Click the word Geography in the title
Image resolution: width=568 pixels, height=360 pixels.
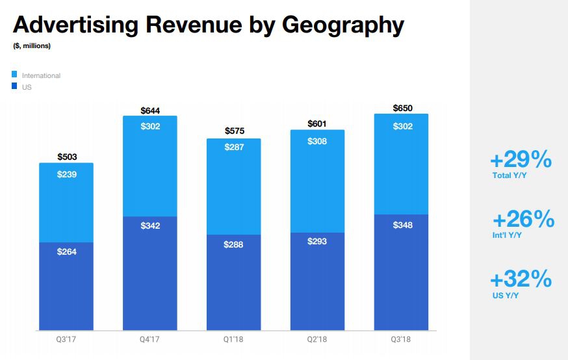342,25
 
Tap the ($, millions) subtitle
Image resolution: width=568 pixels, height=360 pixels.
32,45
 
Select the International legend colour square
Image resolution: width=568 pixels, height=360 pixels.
15,75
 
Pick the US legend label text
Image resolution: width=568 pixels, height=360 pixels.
27,87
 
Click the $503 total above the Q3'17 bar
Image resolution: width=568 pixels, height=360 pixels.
66,157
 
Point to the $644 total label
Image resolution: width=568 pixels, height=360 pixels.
150,110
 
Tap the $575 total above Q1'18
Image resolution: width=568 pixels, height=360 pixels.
234,131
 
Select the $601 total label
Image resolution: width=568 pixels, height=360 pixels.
317,123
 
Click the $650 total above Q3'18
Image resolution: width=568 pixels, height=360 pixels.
402,108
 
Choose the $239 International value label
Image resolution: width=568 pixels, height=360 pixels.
66,175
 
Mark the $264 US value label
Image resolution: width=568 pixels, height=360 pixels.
66,251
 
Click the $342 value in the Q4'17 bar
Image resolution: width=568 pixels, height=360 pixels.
150,225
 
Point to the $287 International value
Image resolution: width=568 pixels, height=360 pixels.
234,148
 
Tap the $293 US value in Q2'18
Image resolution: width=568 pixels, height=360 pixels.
317,241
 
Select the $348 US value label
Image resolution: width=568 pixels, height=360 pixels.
402,225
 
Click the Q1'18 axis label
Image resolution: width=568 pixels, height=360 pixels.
234,339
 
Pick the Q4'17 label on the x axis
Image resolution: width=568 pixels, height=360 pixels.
150,339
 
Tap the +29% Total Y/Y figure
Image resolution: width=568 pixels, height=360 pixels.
521,160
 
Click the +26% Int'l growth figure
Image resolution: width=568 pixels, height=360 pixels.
523,220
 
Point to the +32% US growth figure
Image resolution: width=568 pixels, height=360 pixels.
521,280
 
